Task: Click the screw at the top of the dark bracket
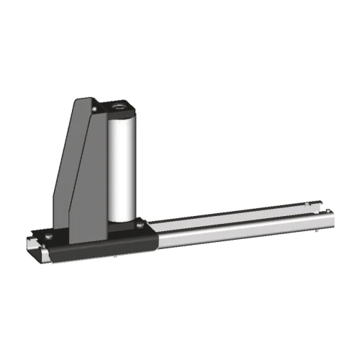(x=94, y=106)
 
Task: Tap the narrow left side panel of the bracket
(x=63, y=173)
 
